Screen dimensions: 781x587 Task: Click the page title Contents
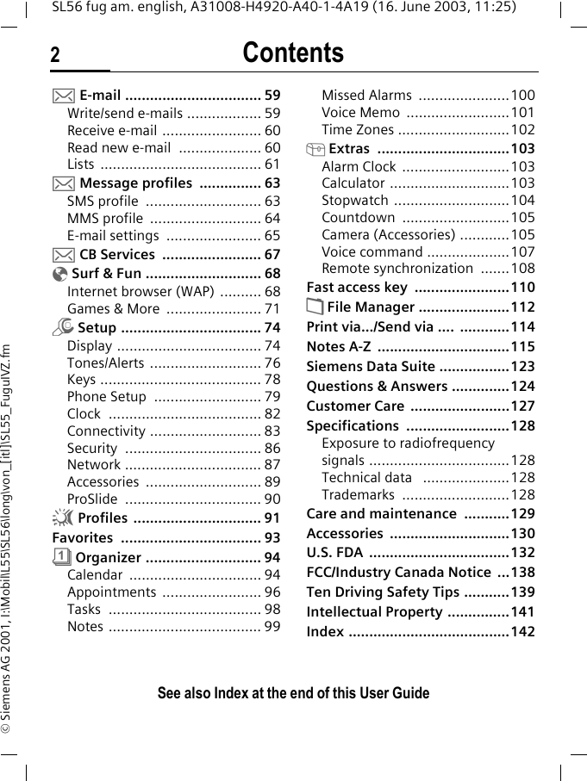coord(293,53)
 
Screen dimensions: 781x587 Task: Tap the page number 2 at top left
coord(55,56)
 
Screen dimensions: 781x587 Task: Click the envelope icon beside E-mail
coord(59,95)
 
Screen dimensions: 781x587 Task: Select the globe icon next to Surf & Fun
coord(59,274)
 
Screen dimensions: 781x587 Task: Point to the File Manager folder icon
coord(315,307)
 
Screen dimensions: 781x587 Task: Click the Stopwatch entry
coord(354,200)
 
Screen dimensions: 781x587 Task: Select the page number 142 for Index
coord(522,631)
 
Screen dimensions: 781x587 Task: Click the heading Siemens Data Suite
coord(371,366)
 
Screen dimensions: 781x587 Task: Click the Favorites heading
coord(83,537)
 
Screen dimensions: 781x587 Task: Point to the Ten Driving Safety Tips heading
coord(383,592)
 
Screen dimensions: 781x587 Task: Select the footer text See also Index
coord(293,693)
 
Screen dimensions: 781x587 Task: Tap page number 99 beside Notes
coord(272,626)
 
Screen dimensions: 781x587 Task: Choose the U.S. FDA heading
coord(334,552)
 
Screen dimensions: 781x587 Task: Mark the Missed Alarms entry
coord(366,95)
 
